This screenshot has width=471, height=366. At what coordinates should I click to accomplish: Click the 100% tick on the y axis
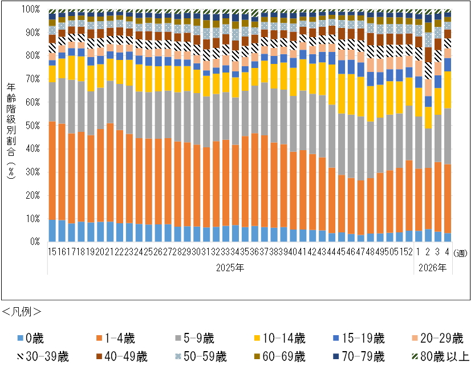[x=31, y=10]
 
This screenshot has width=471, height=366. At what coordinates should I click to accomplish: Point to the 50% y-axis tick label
[x=33, y=126]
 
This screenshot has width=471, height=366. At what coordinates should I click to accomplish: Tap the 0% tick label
[x=35, y=242]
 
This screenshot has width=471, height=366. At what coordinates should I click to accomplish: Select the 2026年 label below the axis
[x=433, y=266]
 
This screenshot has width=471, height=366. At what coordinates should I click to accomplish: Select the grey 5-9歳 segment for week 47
[x=360, y=148]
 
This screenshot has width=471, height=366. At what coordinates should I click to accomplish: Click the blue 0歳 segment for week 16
[x=62, y=231]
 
